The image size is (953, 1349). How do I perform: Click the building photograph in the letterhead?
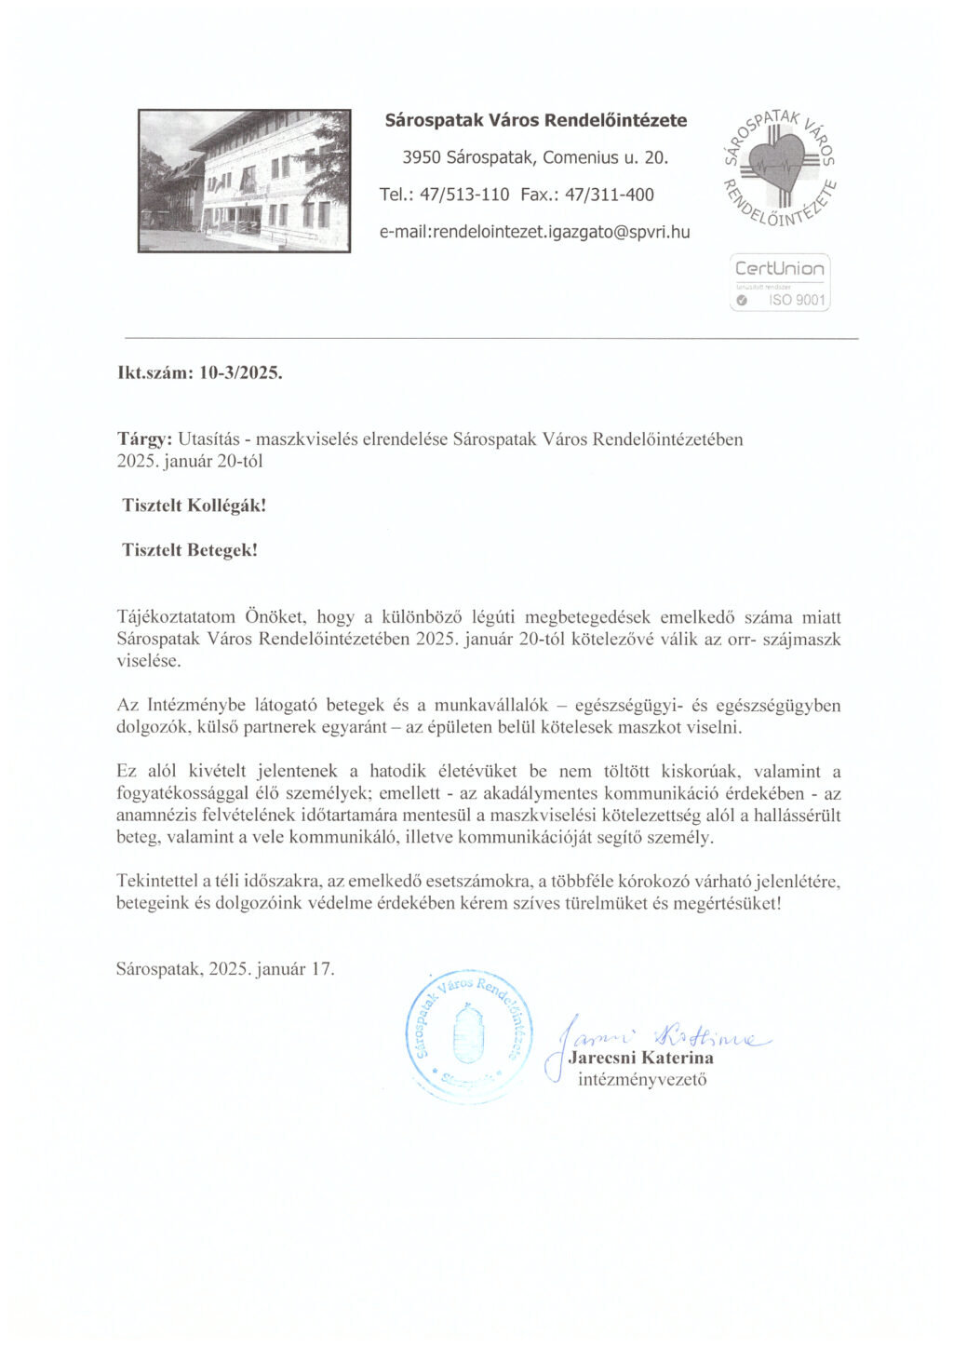(x=245, y=181)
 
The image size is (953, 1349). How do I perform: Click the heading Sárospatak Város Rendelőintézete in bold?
(x=536, y=120)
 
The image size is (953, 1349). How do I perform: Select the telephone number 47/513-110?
(x=464, y=195)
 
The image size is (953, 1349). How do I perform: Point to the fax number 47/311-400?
(x=610, y=195)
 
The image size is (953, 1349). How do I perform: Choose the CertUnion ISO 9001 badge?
(x=780, y=282)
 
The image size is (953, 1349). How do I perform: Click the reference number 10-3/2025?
(x=241, y=373)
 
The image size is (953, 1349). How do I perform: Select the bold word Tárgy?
(x=144, y=438)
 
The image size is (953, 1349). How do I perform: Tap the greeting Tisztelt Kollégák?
(x=194, y=506)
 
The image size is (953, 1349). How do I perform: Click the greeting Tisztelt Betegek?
(x=190, y=550)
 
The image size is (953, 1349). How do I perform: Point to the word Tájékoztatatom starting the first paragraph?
(x=176, y=616)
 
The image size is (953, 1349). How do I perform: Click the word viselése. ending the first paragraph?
(x=149, y=661)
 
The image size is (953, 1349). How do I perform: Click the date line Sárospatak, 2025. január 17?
(x=225, y=968)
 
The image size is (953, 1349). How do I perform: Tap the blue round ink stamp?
(x=468, y=1035)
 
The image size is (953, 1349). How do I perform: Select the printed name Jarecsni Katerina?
(x=641, y=1058)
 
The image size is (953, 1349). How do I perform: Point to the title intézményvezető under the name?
(x=642, y=1080)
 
